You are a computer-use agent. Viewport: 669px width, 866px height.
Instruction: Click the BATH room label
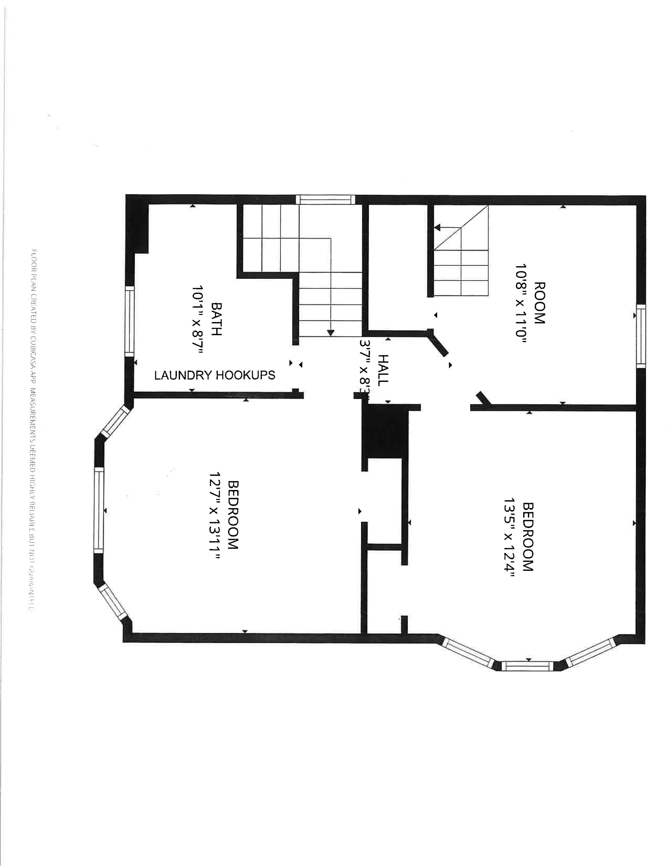click(216, 319)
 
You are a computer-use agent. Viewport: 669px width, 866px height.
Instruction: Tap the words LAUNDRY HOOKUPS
click(215, 375)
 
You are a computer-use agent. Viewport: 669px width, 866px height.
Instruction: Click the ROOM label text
click(540, 303)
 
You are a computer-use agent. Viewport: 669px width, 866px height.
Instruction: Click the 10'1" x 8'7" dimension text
click(197, 319)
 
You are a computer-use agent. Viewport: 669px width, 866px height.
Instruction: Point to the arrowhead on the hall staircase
click(330, 333)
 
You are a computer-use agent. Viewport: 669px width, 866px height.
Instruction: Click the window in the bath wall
click(130, 322)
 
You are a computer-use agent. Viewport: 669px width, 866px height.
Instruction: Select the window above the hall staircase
click(325, 200)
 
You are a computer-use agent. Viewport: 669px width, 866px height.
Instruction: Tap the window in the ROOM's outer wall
click(641, 336)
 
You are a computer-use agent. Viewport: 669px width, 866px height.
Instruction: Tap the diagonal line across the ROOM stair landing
click(461, 228)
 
